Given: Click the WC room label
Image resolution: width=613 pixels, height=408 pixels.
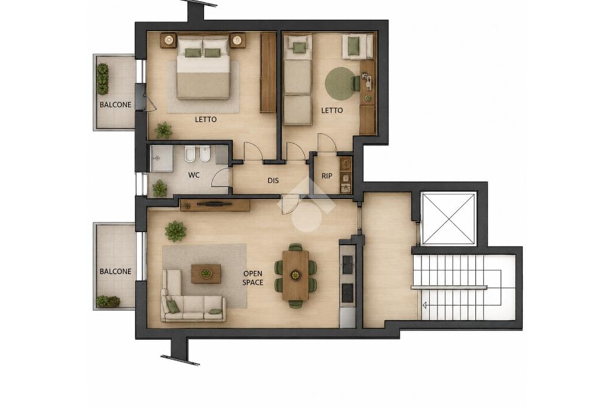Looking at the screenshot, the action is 194,175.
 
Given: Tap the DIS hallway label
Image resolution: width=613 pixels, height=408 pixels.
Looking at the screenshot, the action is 273,181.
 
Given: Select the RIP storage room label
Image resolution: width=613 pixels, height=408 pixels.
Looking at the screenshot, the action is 327,176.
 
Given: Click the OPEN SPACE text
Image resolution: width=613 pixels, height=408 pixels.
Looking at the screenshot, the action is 253,278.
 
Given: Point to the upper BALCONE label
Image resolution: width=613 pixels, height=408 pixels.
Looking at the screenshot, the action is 116,105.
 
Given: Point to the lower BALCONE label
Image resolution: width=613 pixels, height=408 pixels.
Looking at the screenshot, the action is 116,271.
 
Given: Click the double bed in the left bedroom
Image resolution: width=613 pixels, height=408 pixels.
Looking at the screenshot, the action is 203,66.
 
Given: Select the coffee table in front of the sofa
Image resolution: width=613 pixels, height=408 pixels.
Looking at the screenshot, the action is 206,273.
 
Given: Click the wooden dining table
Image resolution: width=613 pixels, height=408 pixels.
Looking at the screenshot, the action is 295,275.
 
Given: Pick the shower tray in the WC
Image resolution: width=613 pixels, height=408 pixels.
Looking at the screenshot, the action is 160,159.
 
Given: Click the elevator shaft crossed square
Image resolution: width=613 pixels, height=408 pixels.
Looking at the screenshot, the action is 449,218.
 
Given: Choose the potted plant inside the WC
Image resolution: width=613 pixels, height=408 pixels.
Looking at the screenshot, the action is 159,188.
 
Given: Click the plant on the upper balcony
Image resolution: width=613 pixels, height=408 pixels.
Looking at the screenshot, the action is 102,79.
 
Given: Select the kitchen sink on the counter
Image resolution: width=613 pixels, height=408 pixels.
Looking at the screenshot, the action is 347,264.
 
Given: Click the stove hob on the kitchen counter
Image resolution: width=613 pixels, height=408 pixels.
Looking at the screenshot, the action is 347,293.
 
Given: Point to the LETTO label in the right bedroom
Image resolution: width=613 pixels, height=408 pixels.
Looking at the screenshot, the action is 332,111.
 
